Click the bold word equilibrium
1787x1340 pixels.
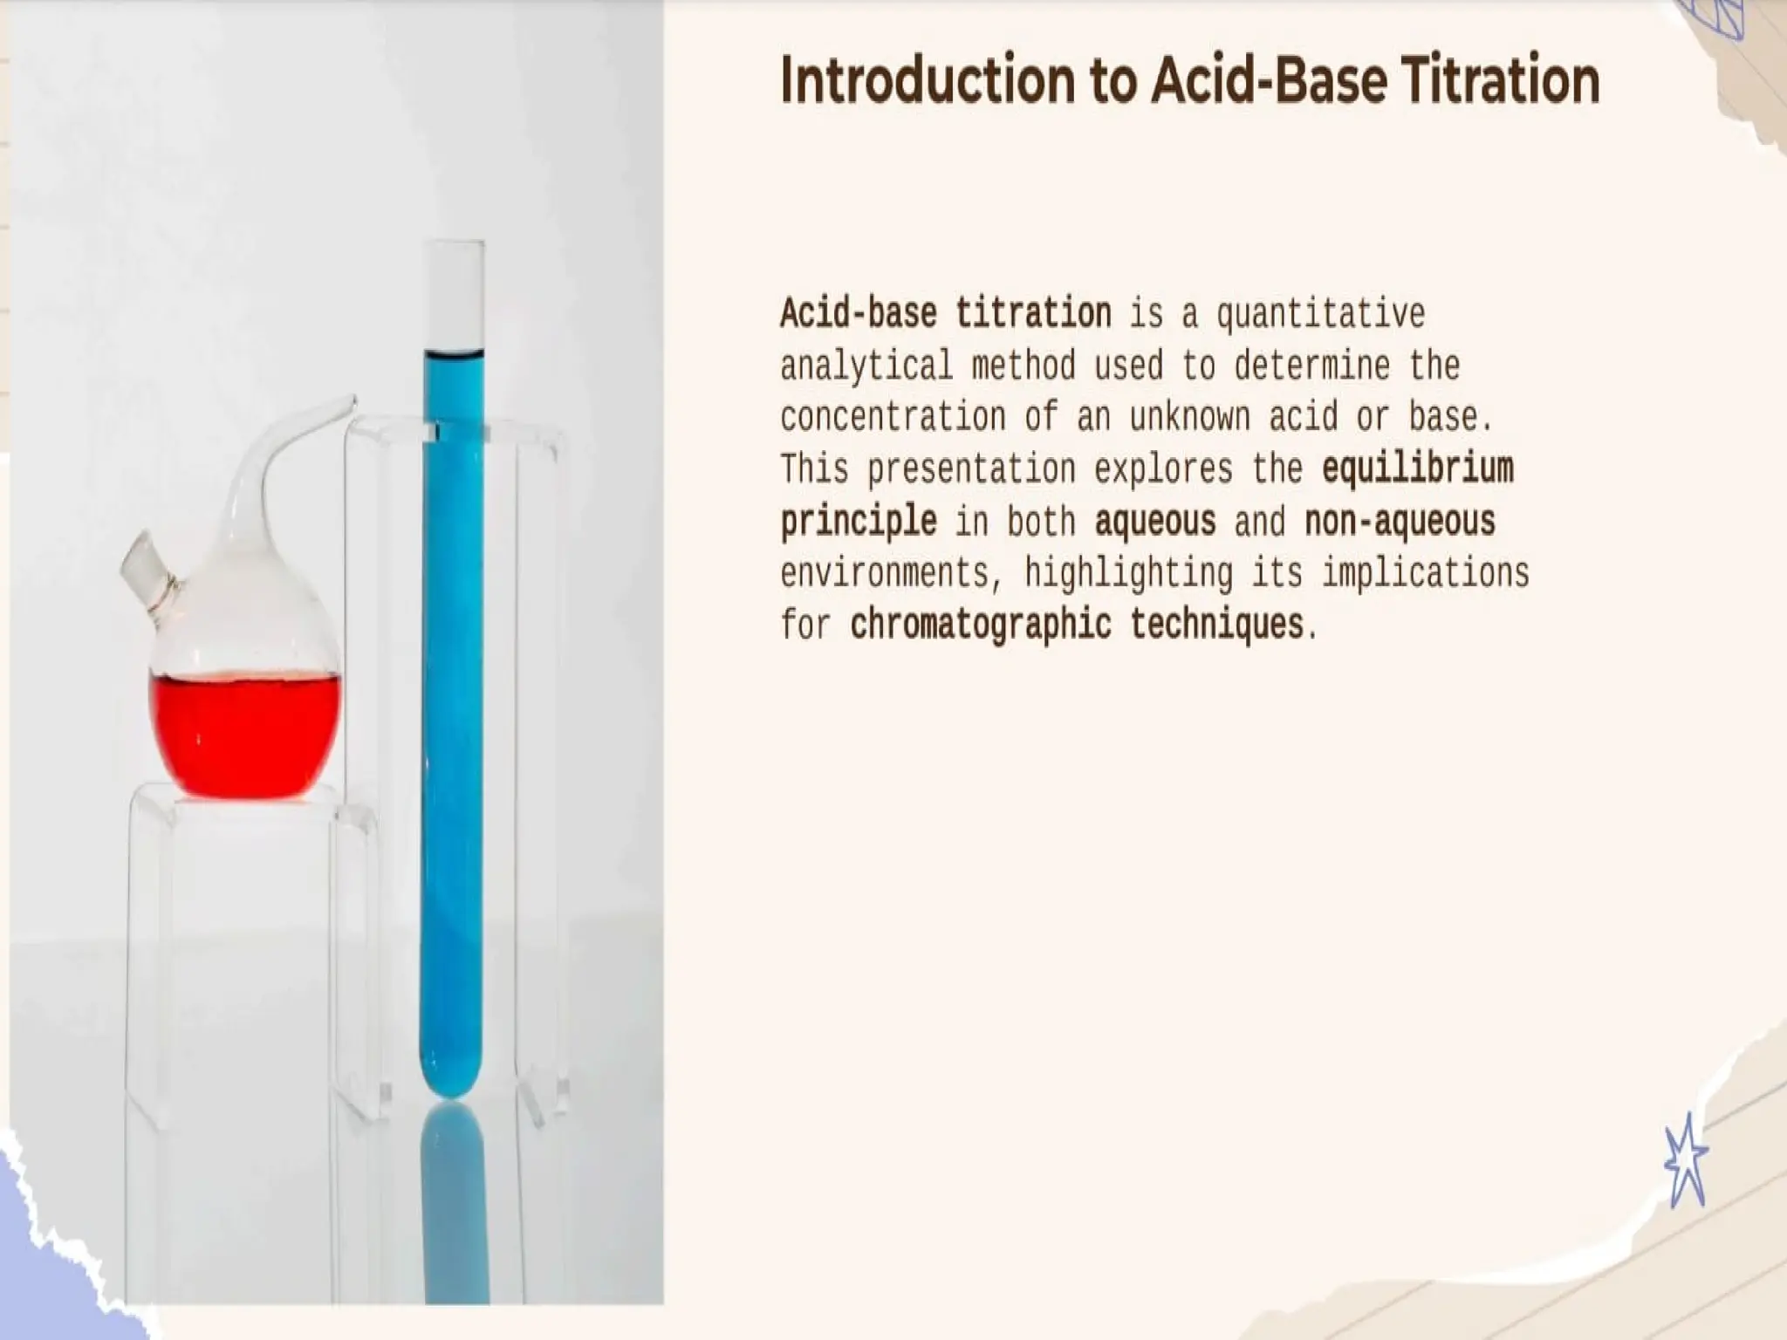click(1417, 468)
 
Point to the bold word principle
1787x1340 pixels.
click(859, 521)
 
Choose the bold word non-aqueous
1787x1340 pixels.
click(1400, 521)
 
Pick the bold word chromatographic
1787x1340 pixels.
click(981, 625)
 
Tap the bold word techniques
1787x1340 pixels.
click(1216, 625)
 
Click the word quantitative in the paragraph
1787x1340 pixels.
click(1320, 313)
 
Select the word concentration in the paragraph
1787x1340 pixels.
click(893, 417)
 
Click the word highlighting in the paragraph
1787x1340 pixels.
click(1128, 573)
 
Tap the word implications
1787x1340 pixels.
click(1426, 573)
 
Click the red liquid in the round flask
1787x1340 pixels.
click(243, 733)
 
